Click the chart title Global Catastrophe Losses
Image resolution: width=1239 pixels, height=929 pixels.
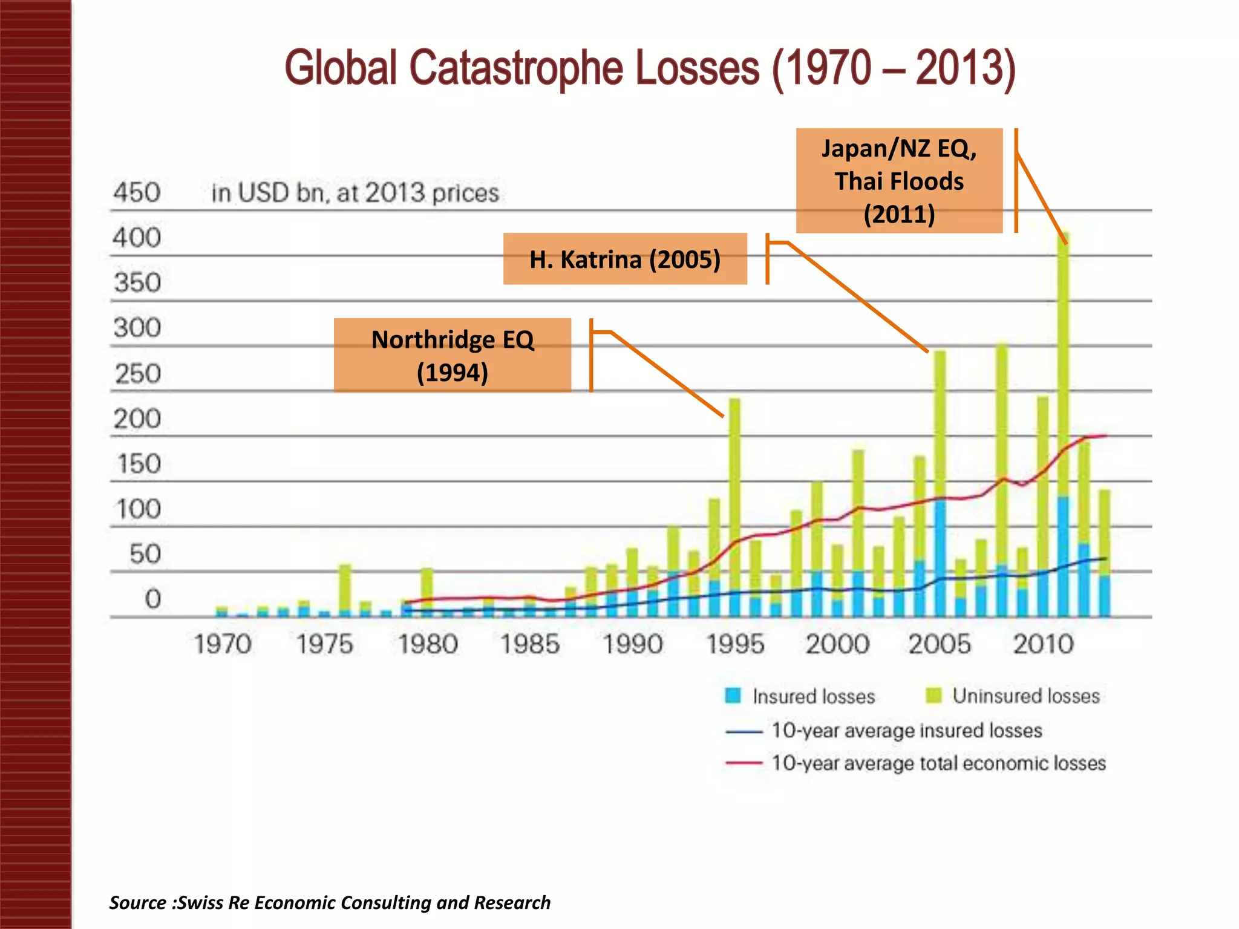(650, 68)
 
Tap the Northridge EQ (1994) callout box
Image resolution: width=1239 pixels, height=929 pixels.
(453, 356)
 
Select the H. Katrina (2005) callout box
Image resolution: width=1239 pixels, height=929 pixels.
(625, 259)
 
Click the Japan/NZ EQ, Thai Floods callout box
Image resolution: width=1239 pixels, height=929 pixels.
(899, 181)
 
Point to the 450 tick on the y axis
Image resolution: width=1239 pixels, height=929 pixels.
(137, 193)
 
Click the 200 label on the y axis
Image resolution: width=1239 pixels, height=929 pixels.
(137, 419)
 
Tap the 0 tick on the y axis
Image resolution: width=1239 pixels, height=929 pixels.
(152, 599)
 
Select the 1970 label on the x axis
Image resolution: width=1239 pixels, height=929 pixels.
(223, 644)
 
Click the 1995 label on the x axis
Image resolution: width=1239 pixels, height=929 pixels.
(735, 644)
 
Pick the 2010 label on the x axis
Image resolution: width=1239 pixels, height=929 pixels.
(1043, 644)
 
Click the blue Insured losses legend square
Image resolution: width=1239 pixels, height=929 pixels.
(733, 696)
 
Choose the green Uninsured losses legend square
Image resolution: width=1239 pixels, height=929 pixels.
(933, 696)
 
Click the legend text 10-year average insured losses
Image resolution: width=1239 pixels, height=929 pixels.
(906, 730)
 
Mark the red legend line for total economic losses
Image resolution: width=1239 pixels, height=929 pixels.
(744, 763)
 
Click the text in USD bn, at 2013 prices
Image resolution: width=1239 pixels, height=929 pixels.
(355, 193)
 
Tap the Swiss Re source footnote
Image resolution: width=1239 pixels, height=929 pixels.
(330, 902)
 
